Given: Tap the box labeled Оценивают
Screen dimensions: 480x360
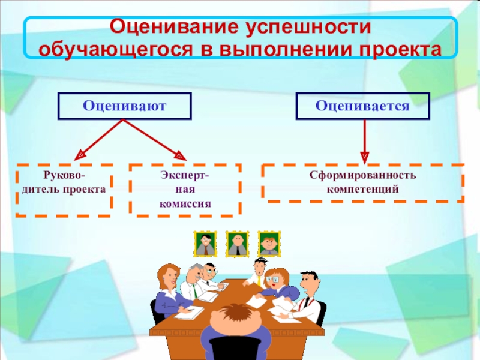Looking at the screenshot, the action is pyautogui.click(x=124, y=106).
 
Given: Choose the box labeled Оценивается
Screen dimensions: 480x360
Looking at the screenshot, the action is pyautogui.click(x=363, y=106).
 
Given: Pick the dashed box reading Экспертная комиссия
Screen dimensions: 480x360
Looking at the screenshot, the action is pyautogui.click(x=185, y=189).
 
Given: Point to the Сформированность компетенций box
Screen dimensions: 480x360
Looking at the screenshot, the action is pyautogui.click(x=363, y=182).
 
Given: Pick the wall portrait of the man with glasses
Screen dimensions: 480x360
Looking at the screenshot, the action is pyautogui.click(x=205, y=244).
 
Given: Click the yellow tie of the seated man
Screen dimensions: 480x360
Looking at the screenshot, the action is pyautogui.click(x=259, y=279).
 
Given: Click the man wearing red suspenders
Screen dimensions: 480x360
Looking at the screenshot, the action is pyautogui.click(x=309, y=294).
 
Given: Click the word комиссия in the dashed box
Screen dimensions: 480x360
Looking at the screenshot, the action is pyautogui.click(x=185, y=203).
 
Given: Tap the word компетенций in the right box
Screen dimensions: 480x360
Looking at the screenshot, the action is pyautogui.click(x=363, y=189).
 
